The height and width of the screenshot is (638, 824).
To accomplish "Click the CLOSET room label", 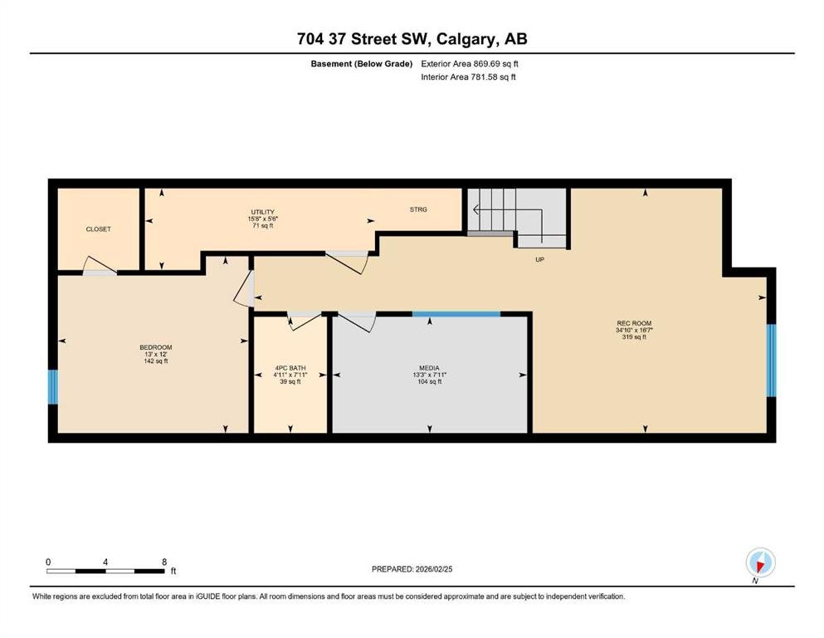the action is point(98,229).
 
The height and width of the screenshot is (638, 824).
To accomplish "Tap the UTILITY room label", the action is point(263,212).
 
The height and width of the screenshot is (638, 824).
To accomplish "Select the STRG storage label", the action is point(418,209).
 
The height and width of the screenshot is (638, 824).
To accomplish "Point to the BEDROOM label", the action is point(155,347).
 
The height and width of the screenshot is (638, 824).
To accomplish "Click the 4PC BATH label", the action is point(290,368).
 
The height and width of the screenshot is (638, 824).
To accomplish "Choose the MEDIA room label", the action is point(429,368).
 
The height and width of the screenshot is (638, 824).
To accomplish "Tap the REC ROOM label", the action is point(634,323).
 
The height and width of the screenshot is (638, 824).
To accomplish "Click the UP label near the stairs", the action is point(539,259).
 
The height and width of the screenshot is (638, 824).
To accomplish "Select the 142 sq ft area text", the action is point(155,361).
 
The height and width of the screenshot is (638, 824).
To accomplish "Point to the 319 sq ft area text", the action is point(634,337).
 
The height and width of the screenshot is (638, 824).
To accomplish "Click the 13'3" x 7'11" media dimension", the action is point(429,375).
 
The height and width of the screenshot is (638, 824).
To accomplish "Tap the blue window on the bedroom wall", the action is point(52,387).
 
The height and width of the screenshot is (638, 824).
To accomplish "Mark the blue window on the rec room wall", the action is point(771,361).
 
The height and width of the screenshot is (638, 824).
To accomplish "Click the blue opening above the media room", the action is point(456,314).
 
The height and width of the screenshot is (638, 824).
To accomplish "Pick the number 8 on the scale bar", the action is point(164,562).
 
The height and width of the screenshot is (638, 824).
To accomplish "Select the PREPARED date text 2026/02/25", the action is point(433,569).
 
